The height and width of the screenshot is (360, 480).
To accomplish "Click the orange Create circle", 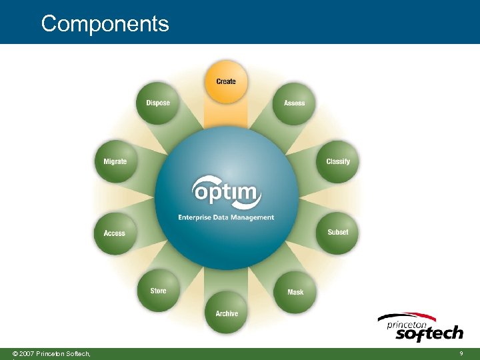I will click(x=226, y=81).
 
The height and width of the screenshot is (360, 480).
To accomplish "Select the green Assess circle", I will click(x=294, y=103).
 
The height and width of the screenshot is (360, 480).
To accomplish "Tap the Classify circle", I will click(x=337, y=161).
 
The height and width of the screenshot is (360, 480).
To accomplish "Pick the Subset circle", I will click(x=337, y=232).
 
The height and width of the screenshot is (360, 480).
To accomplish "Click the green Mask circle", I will click(x=295, y=292).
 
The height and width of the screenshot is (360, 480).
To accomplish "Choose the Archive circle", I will click(x=227, y=313).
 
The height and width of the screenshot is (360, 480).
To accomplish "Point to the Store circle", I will click(x=159, y=291).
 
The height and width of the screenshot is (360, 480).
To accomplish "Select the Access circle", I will click(x=115, y=233).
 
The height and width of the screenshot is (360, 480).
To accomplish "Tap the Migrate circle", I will click(x=115, y=161).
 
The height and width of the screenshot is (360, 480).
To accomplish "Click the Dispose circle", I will click(x=158, y=103).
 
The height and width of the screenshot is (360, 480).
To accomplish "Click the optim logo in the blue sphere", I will click(x=225, y=193).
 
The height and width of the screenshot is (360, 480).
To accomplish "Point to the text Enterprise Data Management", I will click(x=226, y=217).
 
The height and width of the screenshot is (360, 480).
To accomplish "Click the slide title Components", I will click(x=105, y=24).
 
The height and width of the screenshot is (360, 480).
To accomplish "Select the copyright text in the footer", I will click(x=51, y=353).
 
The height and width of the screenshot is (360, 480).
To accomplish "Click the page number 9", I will click(x=461, y=353).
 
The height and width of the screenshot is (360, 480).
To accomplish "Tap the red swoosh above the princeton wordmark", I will click(x=407, y=315).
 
